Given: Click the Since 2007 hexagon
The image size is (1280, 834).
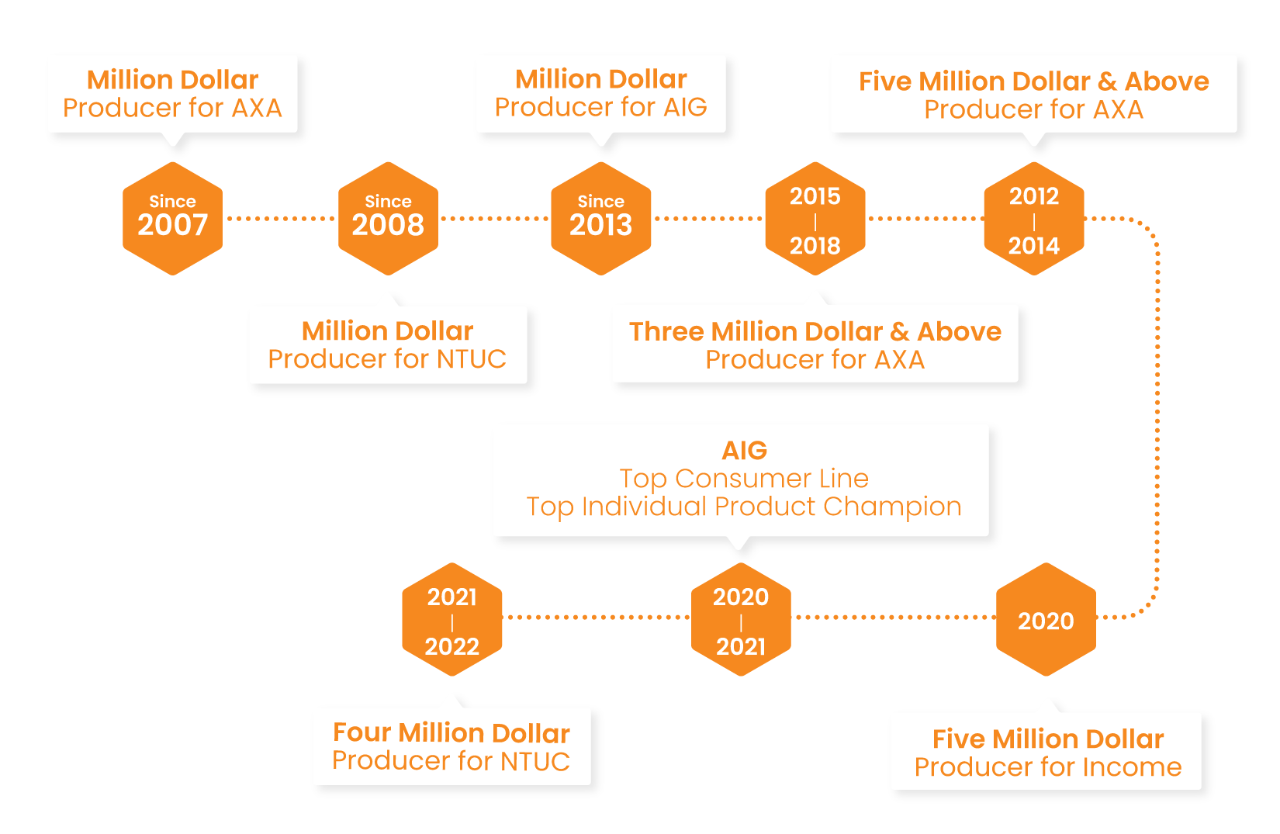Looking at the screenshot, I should (172, 218).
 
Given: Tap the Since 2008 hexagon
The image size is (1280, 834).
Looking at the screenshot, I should (388, 218).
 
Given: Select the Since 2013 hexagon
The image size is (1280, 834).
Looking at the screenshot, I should (600, 218).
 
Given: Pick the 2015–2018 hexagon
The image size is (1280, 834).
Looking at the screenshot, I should (815, 219).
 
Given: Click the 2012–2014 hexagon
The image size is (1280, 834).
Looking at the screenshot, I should (1033, 219).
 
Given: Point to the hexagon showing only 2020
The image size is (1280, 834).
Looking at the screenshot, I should (1046, 620).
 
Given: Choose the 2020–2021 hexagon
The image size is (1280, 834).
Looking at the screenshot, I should (741, 620).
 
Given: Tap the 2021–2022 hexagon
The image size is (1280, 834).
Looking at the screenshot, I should (451, 620).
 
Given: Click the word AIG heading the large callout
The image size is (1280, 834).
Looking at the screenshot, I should (744, 450).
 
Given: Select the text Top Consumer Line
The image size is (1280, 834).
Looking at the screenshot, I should (744, 478).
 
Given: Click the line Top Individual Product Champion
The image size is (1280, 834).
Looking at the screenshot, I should (744, 506).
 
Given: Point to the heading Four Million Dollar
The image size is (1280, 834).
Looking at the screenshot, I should (451, 732).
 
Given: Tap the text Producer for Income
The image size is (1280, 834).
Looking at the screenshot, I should (1048, 767).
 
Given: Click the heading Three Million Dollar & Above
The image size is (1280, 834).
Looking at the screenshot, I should (815, 331).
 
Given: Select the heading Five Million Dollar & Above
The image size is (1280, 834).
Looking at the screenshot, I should (1033, 81).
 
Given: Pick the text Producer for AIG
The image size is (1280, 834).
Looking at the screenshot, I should (601, 107).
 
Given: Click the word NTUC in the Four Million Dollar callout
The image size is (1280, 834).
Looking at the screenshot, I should (534, 761).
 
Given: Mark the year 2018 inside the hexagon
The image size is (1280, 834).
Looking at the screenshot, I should (815, 246).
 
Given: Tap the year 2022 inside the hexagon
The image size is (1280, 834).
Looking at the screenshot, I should (451, 646).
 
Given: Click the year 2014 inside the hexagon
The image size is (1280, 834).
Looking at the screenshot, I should (1033, 246).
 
